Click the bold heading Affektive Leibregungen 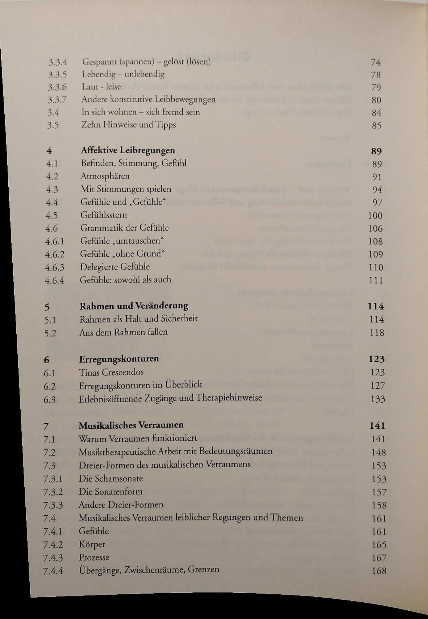coord(128,150)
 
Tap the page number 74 coord(375,63)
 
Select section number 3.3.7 coord(57,100)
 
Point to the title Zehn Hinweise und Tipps coord(129,125)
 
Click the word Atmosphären coord(105,176)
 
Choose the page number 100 coord(375,216)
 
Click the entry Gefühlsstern coord(104,215)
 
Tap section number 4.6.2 coord(55,254)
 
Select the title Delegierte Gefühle coord(115,267)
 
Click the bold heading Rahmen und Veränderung coord(134,306)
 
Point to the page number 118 coord(377,333)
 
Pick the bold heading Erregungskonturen coord(119,359)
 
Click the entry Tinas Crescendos coord(111,372)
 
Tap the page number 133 coord(378,399)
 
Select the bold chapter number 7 coord(46,426)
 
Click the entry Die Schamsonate coord(111,478)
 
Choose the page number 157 coord(379,492)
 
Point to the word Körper coord(92,544)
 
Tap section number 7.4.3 coord(53,558)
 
